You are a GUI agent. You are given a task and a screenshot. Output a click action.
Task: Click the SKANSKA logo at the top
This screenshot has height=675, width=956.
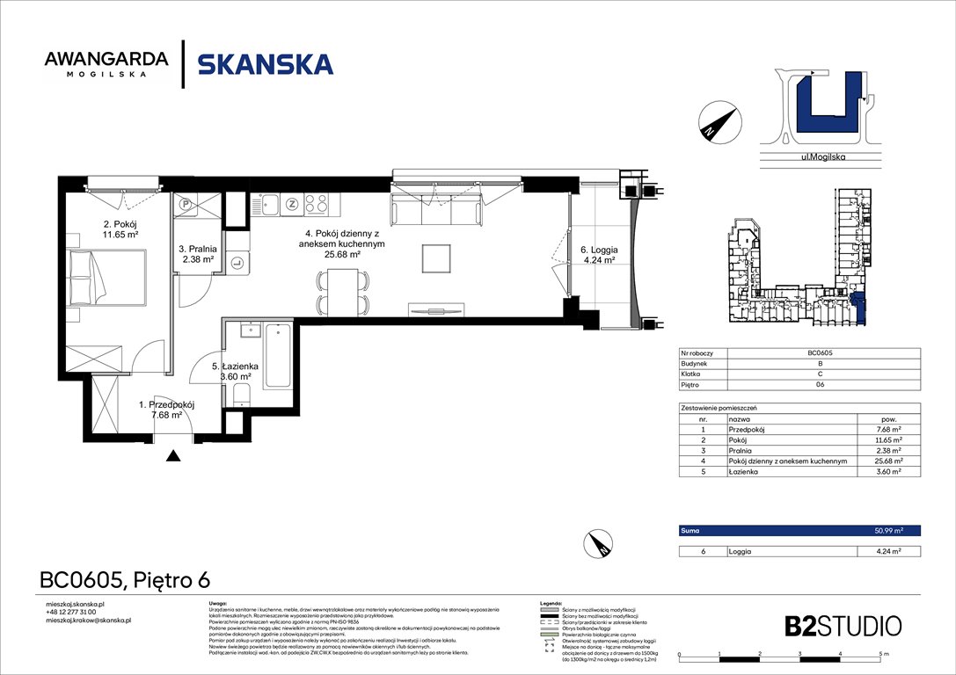(x=265, y=64)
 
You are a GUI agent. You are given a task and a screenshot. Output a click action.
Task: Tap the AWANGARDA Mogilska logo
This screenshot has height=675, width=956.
(x=106, y=64)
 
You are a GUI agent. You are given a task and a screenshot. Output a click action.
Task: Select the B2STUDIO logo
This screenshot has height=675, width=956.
(x=843, y=626)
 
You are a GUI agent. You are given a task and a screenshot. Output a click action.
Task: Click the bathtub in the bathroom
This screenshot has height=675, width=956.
(x=277, y=355)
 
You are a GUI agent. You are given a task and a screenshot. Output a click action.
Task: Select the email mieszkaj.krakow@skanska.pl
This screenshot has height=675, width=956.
(x=88, y=621)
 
